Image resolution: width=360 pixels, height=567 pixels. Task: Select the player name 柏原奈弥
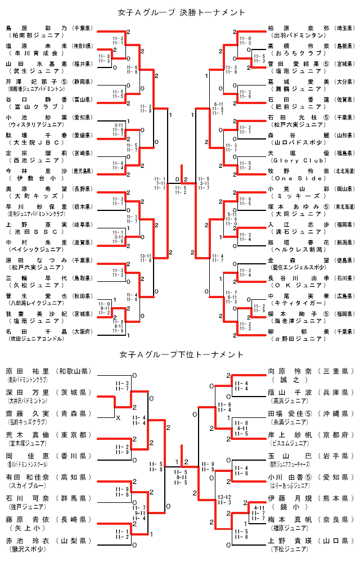(298, 27)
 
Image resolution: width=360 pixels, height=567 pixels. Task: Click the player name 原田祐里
(28, 371)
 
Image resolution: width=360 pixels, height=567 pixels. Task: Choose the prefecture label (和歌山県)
(76, 371)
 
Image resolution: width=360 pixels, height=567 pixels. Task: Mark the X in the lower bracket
(118, 418)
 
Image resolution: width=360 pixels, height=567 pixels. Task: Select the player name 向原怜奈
(289, 371)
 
